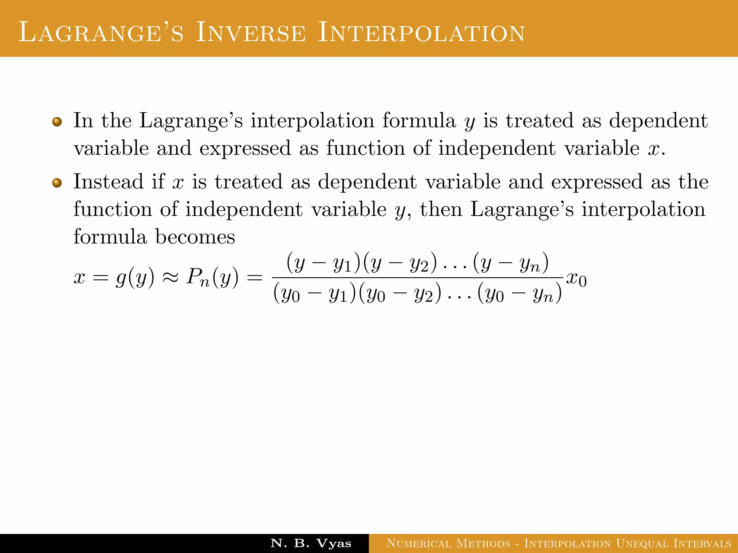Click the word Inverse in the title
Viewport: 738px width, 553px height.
251,33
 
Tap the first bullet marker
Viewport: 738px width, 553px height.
57,122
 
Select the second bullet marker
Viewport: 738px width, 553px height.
57,183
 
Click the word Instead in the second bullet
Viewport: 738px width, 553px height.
108,181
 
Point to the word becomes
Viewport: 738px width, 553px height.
195,237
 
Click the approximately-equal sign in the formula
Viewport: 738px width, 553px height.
170,278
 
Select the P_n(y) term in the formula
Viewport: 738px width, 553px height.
212,278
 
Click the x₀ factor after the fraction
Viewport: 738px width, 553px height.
576,279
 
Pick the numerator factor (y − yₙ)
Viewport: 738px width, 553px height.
511,264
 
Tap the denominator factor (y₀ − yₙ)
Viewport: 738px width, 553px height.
519,294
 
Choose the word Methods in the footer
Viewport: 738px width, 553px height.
483,543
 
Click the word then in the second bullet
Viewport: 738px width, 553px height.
441,209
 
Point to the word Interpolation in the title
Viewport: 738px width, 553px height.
421,33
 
